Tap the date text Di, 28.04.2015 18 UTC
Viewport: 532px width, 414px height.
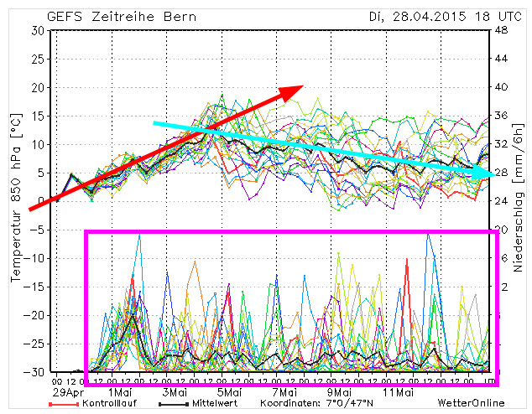click(430, 16)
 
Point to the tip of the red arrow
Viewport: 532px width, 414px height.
click(303, 85)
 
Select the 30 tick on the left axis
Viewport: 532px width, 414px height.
click(36, 31)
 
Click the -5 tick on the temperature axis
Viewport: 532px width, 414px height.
click(36, 230)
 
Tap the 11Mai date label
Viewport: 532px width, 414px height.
click(398, 391)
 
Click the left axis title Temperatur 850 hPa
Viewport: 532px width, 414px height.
click(14, 201)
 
